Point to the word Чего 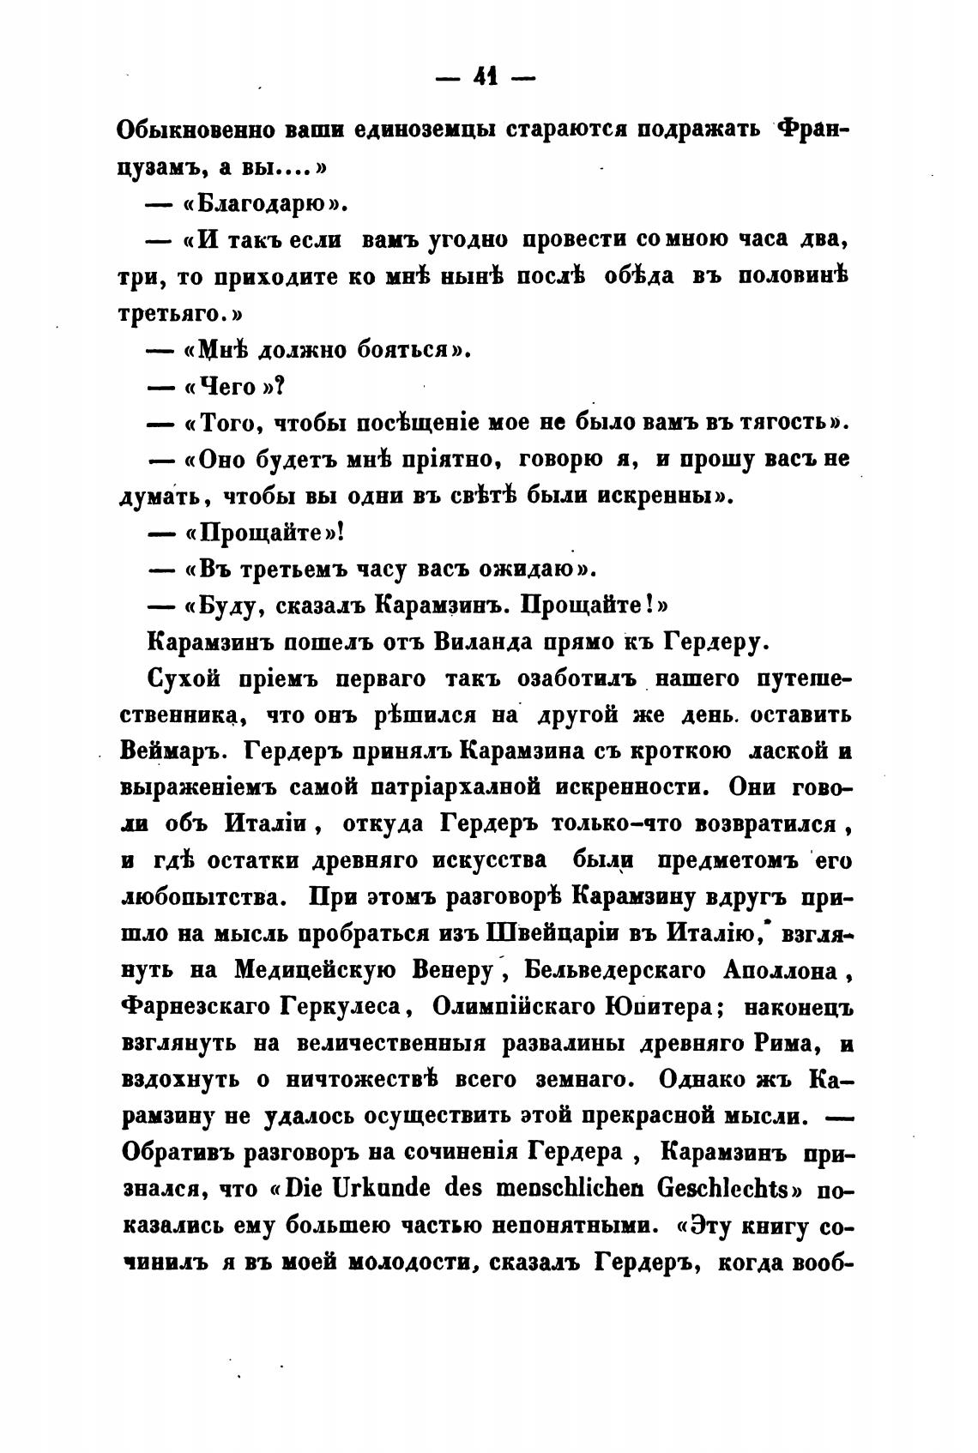(x=227, y=387)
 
